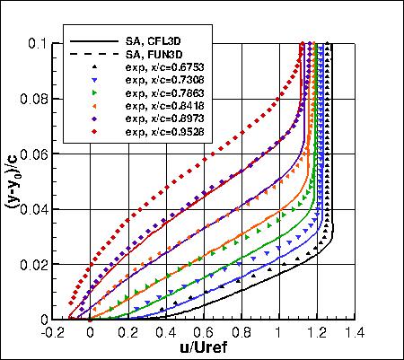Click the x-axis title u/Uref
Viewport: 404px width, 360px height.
[213, 347]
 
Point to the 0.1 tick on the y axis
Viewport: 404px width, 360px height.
[42, 43]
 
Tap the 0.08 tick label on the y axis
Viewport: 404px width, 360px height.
[39, 99]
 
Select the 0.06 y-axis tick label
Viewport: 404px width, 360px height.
[39, 154]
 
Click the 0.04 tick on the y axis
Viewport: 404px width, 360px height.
[39, 209]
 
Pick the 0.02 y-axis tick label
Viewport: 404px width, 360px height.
[39, 264]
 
